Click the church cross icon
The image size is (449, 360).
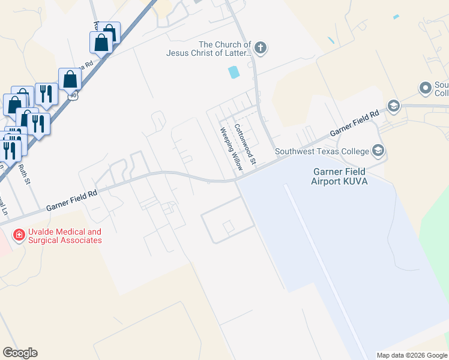click(261, 47)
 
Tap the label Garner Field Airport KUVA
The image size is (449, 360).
click(339, 176)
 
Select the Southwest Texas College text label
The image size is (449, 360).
click(322, 151)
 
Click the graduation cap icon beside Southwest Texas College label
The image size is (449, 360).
click(378, 149)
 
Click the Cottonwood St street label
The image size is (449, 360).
click(246, 145)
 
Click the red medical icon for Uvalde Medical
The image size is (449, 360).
click(19, 235)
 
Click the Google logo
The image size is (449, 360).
click(20, 353)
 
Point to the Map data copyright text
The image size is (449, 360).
click(412, 355)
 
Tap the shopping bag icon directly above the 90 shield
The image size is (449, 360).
click(70, 79)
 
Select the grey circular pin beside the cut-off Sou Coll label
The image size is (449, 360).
click(426, 89)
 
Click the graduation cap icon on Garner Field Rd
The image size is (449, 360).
click(394, 106)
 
